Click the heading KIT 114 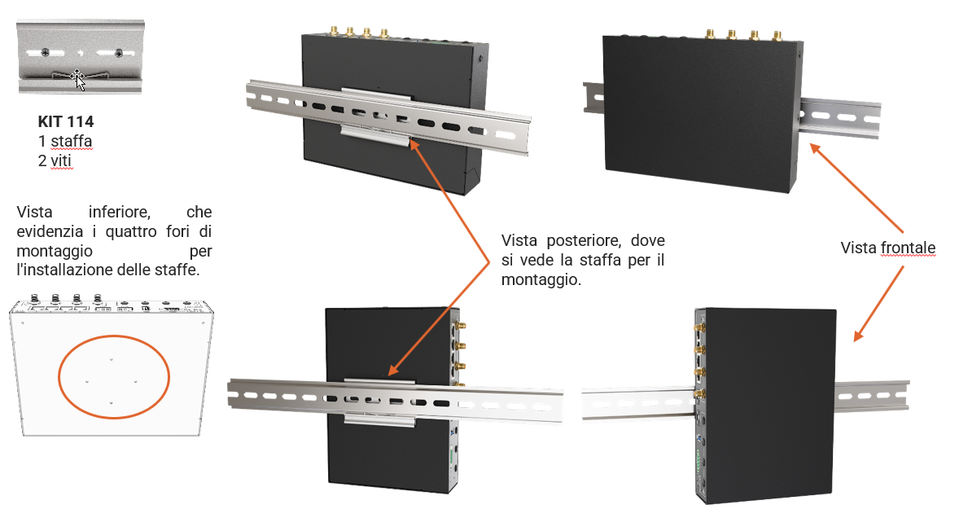click(x=65, y=121)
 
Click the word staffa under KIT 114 click(x=71, y=141)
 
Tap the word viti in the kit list click(x=60, y=160)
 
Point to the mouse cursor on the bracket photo click(x=77, y=80)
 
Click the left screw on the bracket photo click(x=45, y=53)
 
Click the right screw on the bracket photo click(x=119, y=53)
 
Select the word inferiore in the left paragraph click(x=119, y=212)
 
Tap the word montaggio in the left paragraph click(x=55, y=251)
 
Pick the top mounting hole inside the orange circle click(x=112, y=359)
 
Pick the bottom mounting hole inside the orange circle click(x=112, y=403)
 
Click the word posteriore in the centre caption click(x=584, y=240)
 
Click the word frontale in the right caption click(x=909, y=248)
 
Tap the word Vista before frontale click(x=859, y=248)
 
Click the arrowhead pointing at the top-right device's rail click(x=815, y=148)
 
